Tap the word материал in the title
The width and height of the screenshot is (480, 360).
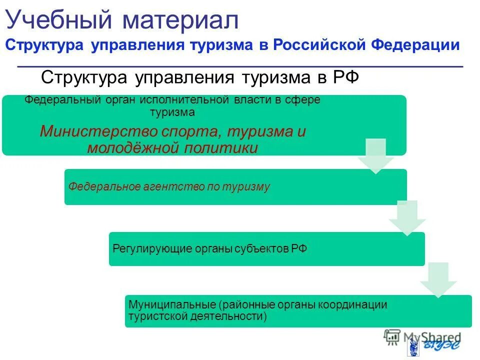click(x=181, y=21)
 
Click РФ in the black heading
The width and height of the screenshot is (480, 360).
click(x=344, y=77)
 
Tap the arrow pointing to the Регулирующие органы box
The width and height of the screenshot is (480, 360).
click(x=407, y=218)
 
